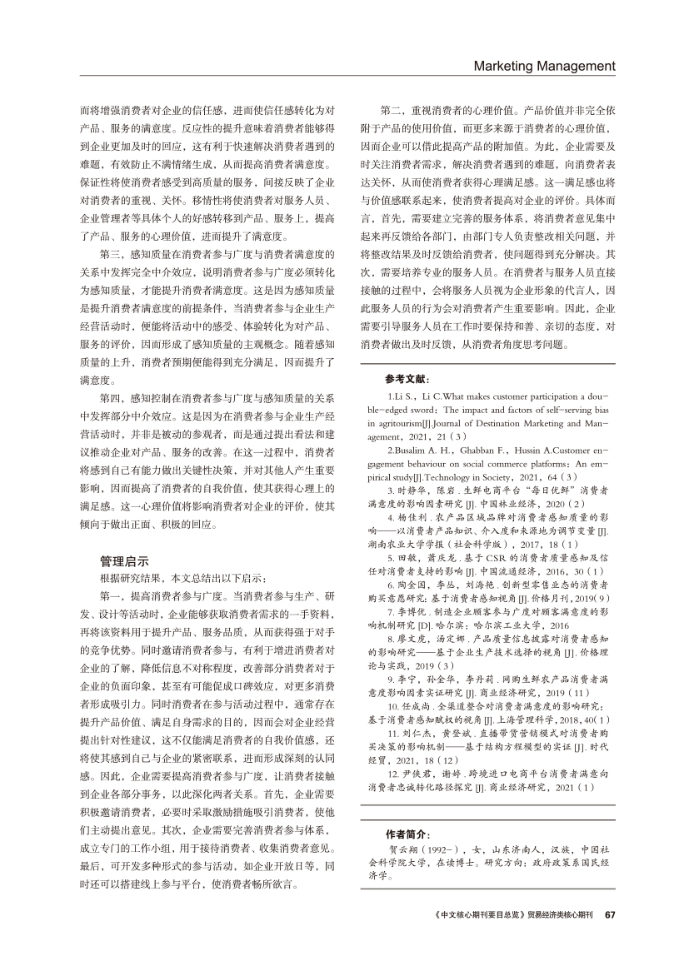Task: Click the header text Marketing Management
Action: pos(544,66)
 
